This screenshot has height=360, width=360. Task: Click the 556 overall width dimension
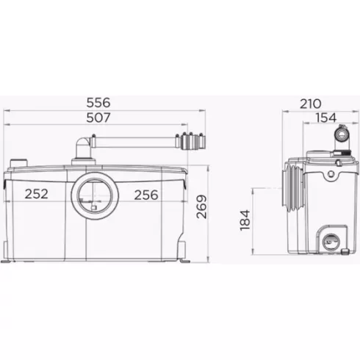point(98,103)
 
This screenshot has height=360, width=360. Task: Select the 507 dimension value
point(98,118)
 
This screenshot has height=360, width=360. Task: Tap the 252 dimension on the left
point(37,194)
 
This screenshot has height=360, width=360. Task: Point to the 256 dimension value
point(146,195)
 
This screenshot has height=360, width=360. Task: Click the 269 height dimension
point(201,206)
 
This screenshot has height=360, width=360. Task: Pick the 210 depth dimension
point(311,104)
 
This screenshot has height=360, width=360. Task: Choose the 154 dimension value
point(326,118)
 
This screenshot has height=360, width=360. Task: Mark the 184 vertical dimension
point(245,220)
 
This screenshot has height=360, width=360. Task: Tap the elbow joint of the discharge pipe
point(82,145)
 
